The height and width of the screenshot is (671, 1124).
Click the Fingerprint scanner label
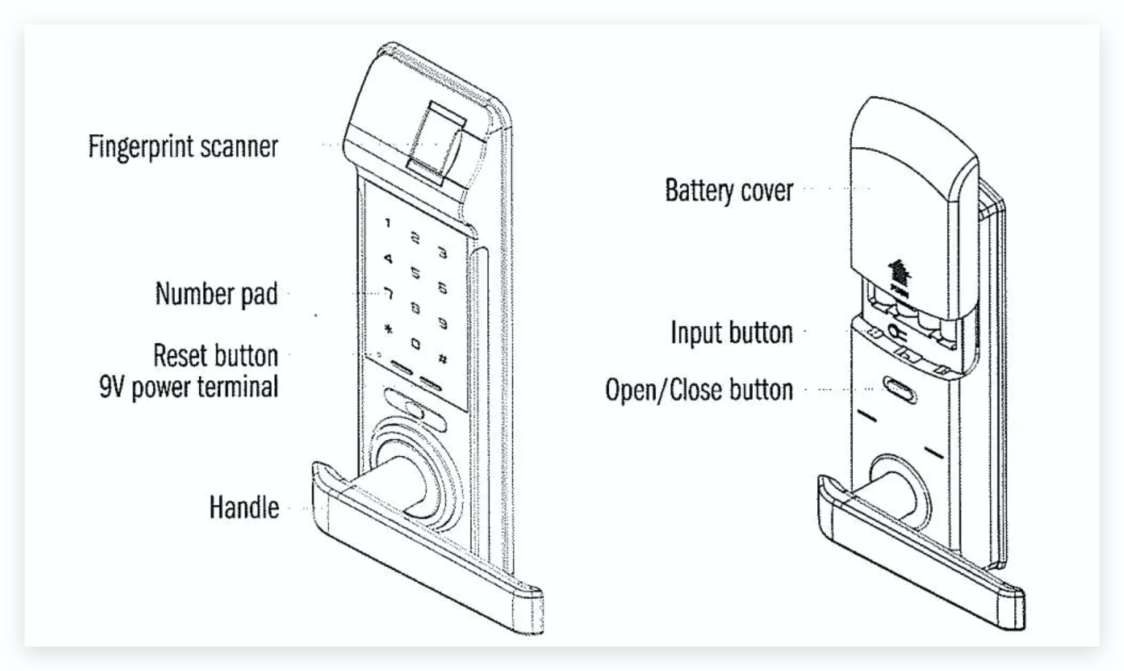(183, 147)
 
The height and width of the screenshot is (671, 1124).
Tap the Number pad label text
(216, 294)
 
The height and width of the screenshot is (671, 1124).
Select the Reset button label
(215, 356)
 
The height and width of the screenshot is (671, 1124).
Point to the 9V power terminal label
(188, 387)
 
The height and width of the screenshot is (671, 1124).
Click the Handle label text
(244, 507)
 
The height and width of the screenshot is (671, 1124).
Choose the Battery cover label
(729, 190)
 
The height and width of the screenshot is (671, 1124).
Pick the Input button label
(731, 332)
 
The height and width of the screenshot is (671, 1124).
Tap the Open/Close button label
(699, 390)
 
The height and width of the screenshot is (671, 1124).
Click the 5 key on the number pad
(415, 272)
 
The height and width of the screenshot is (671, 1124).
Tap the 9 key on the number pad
(442, 323)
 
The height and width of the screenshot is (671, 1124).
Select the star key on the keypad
(388, 329)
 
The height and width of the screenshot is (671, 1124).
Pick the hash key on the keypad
(442, 359)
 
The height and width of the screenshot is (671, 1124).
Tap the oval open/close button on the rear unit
(899, 389)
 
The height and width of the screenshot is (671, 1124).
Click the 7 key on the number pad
(388, 294)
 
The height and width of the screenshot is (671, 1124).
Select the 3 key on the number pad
(442, 253)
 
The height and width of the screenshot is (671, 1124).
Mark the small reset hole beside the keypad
(379, 354)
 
